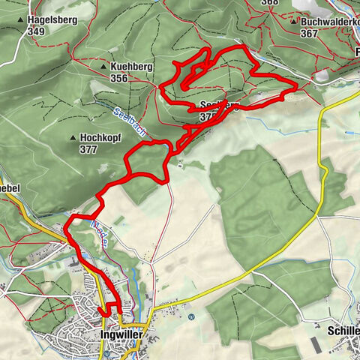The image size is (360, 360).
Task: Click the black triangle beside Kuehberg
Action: [103, 67]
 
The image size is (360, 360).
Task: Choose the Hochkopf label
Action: [100, 138]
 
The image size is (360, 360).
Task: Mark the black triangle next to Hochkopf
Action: [73, 139]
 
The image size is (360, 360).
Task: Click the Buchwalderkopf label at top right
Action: [330, 22]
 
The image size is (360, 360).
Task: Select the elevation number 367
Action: [310, 33]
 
